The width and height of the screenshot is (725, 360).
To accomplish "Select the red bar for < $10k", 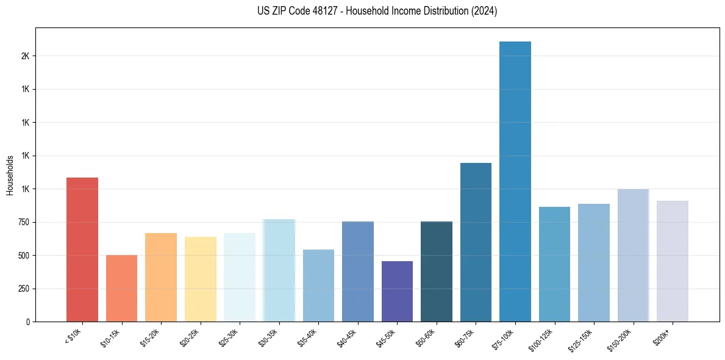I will click(82, 250).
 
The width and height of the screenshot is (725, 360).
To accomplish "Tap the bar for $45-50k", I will click(397, 291).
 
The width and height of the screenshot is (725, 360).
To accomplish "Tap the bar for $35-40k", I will click(318, 286).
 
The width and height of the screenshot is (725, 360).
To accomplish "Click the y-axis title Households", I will click(10, 175).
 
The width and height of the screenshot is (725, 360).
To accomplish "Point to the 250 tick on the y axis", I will click(25, 289).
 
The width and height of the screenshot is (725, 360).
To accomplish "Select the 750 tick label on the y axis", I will click(25, 222).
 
